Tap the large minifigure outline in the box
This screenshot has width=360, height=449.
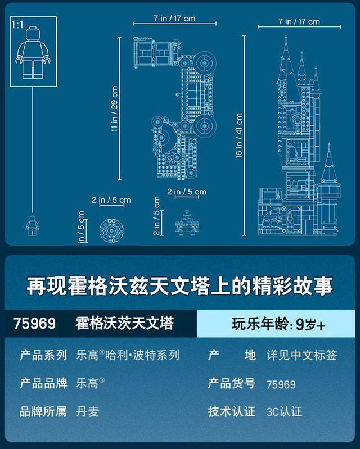34,56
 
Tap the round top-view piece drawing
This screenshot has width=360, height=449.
111,227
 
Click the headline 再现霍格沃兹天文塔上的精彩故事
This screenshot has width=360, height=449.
180,285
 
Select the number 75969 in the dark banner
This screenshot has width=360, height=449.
35,324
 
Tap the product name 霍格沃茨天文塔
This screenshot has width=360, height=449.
124,324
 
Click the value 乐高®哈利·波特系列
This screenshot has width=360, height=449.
127,355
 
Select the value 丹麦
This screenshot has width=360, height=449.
87,411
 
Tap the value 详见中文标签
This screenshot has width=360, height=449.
302,355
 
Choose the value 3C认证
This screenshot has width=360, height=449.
284,411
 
